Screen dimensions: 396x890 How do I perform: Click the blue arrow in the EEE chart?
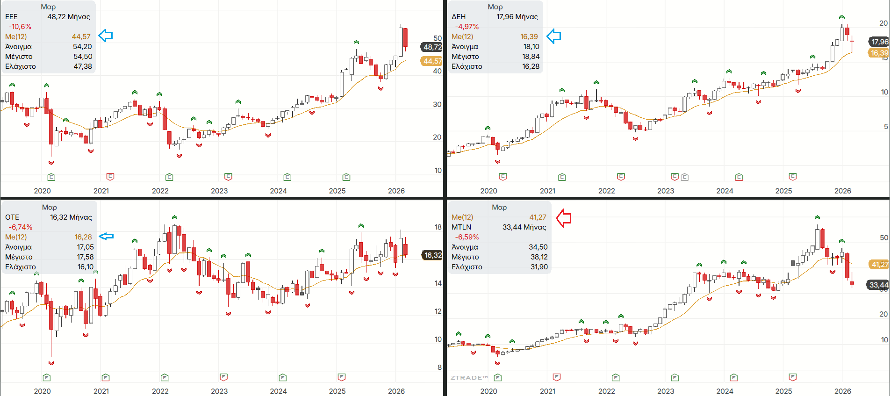pos(106,36)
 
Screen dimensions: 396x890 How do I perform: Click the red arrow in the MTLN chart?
pos(564,218)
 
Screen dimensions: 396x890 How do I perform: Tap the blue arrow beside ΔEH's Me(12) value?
pos(553,36)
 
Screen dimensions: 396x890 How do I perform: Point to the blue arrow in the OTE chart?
pos(106,237)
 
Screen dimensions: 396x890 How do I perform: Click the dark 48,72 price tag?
pos(432,47)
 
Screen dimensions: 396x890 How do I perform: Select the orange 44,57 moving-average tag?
pos(432,61)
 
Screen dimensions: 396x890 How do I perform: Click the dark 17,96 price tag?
pos(879,42)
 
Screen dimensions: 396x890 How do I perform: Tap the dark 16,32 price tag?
pos(433,255)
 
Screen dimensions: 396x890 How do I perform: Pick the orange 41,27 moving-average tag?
pos(879,264)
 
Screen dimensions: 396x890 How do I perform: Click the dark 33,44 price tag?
pos(878,285)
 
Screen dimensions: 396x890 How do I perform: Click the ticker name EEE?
pos(11,17)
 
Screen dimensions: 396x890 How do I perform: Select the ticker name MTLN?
pos(461,227)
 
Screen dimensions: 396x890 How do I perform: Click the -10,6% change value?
pos(20,27)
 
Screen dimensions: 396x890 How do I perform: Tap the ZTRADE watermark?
pos(469,377)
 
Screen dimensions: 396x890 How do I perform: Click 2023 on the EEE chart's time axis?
pos(219,191)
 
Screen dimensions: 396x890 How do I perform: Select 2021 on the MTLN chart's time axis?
pos(548,391)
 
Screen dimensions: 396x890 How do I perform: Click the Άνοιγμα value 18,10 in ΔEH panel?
pos(531,47)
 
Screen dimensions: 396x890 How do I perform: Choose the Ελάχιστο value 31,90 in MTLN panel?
pos(538,267)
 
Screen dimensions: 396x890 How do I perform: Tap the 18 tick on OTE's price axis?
pos(438,227)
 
